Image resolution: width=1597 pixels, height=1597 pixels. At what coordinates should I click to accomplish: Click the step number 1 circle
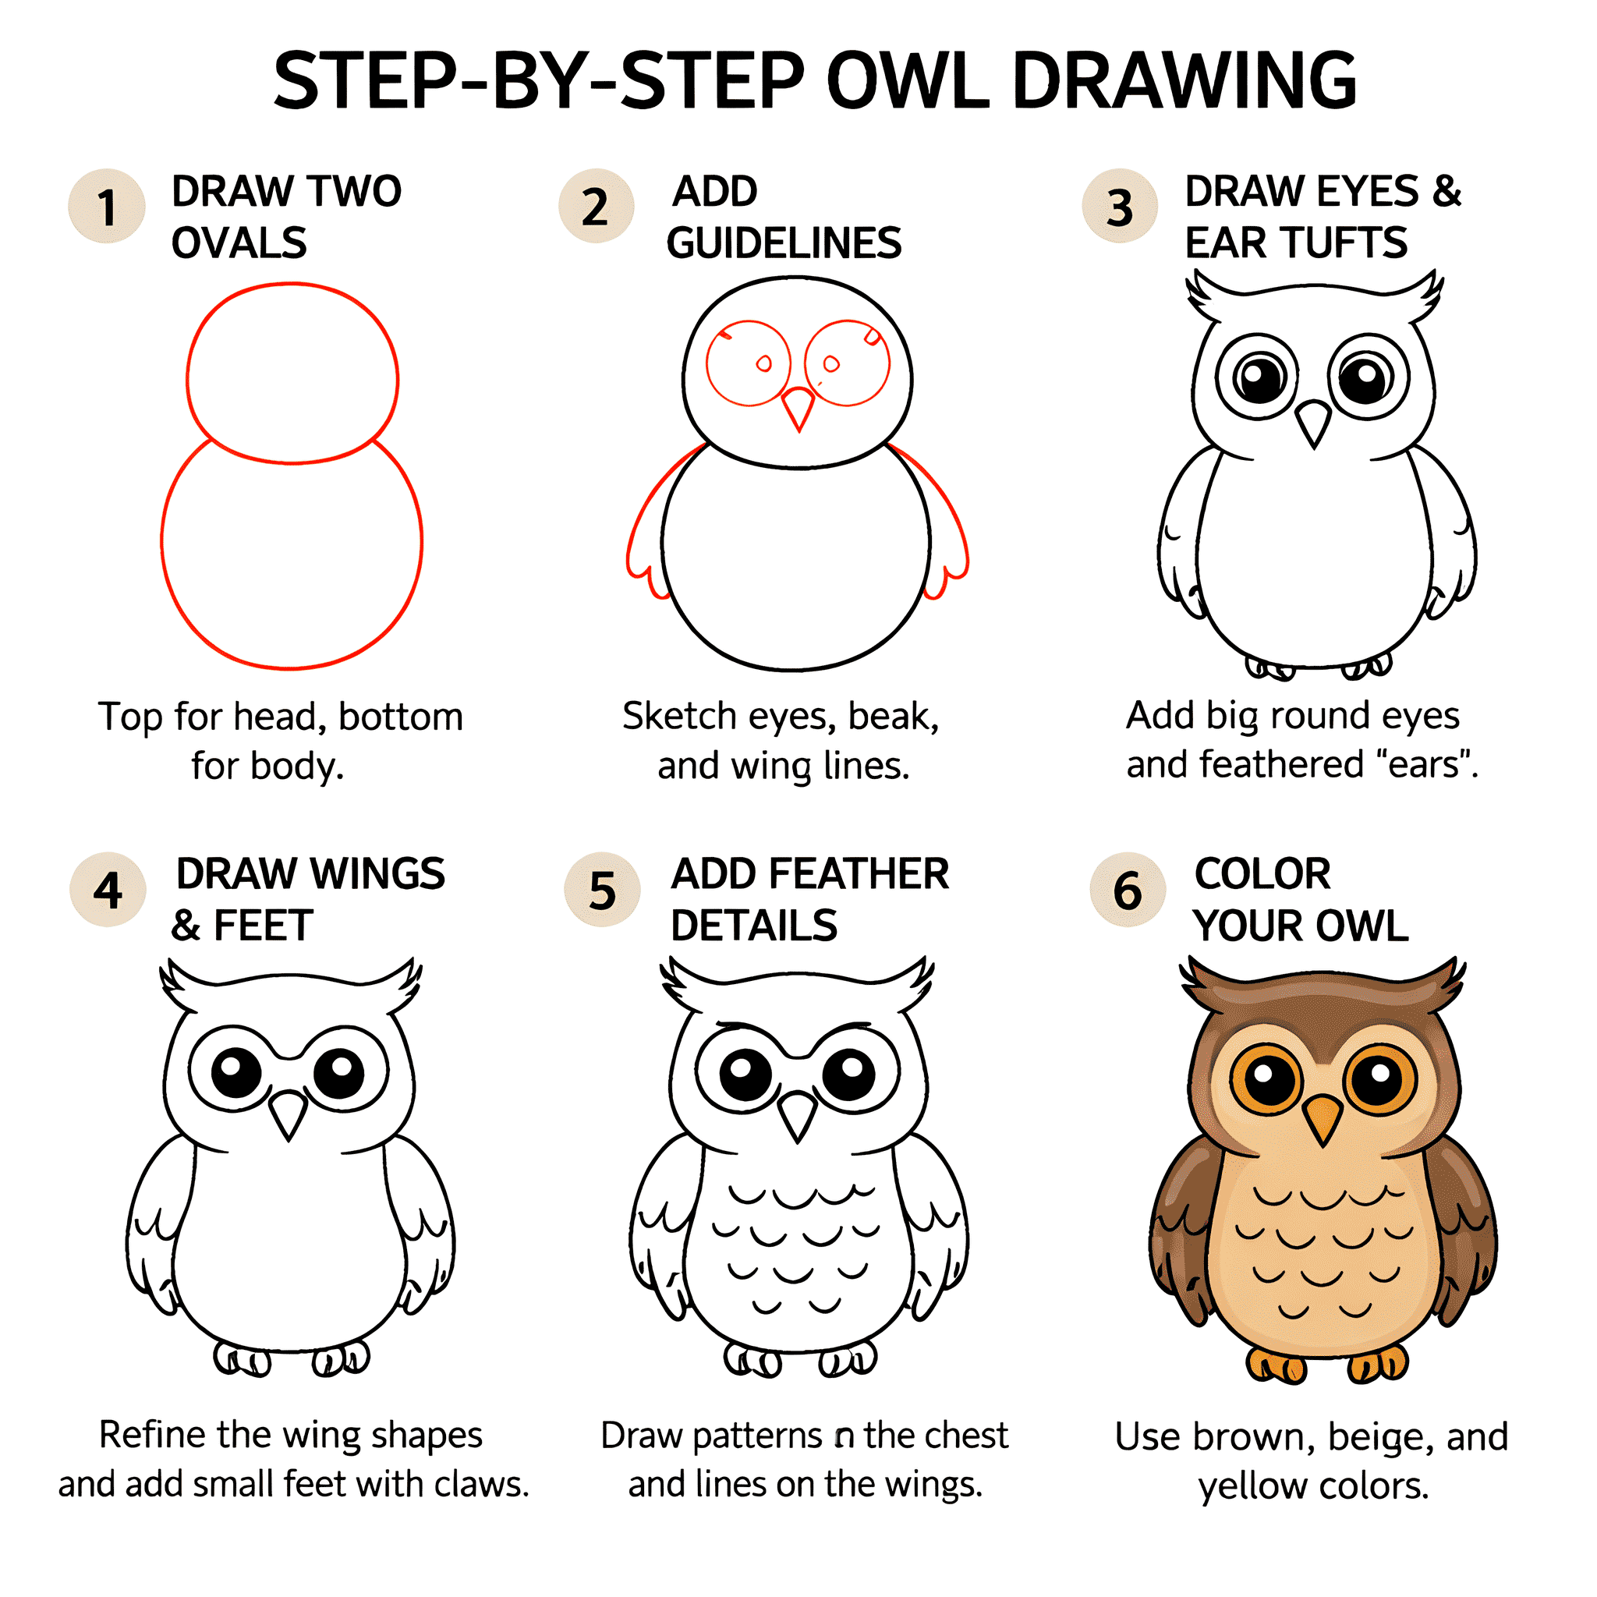[107, 207]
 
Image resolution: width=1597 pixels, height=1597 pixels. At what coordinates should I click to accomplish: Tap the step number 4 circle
[108, 891]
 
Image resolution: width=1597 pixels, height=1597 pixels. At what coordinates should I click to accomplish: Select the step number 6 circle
[1128, 891]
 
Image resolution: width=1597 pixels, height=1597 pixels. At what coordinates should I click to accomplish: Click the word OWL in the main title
[908, 81]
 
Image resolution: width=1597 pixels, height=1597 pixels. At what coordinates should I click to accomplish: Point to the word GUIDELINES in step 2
[784, 243]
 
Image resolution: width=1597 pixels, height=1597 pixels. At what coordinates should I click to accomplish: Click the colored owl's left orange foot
[1277, 1365]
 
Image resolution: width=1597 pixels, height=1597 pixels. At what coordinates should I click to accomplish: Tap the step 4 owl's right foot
[341, 1358]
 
